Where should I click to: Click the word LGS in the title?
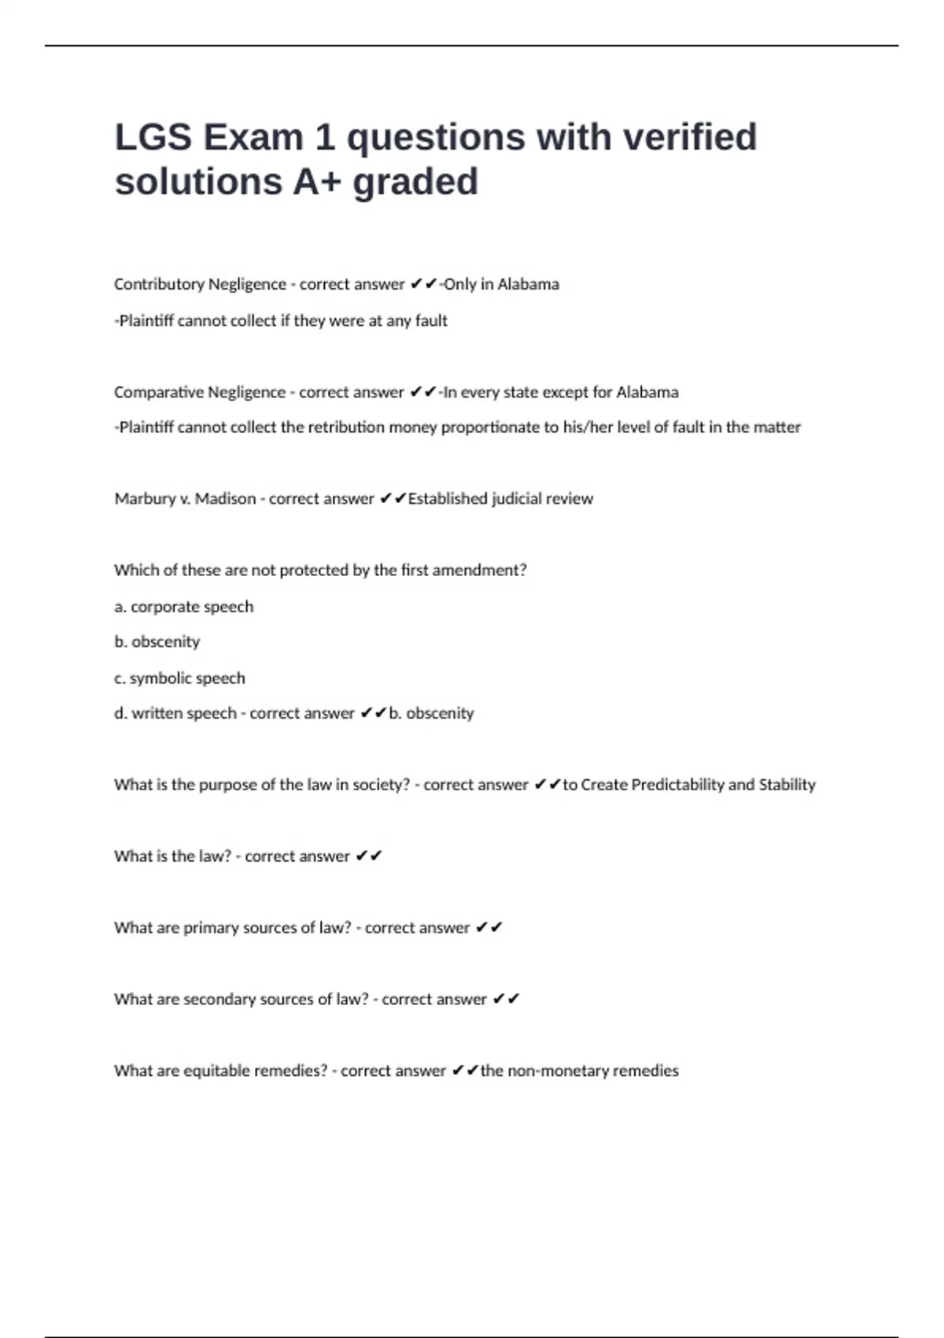[153, 138]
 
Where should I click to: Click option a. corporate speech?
[184, 607]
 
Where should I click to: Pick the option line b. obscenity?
[157, 642]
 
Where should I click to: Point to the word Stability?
[787, 785]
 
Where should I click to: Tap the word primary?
[211, 928]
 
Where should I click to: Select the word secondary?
[219, 1000]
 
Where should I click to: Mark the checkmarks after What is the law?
[368, 856]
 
